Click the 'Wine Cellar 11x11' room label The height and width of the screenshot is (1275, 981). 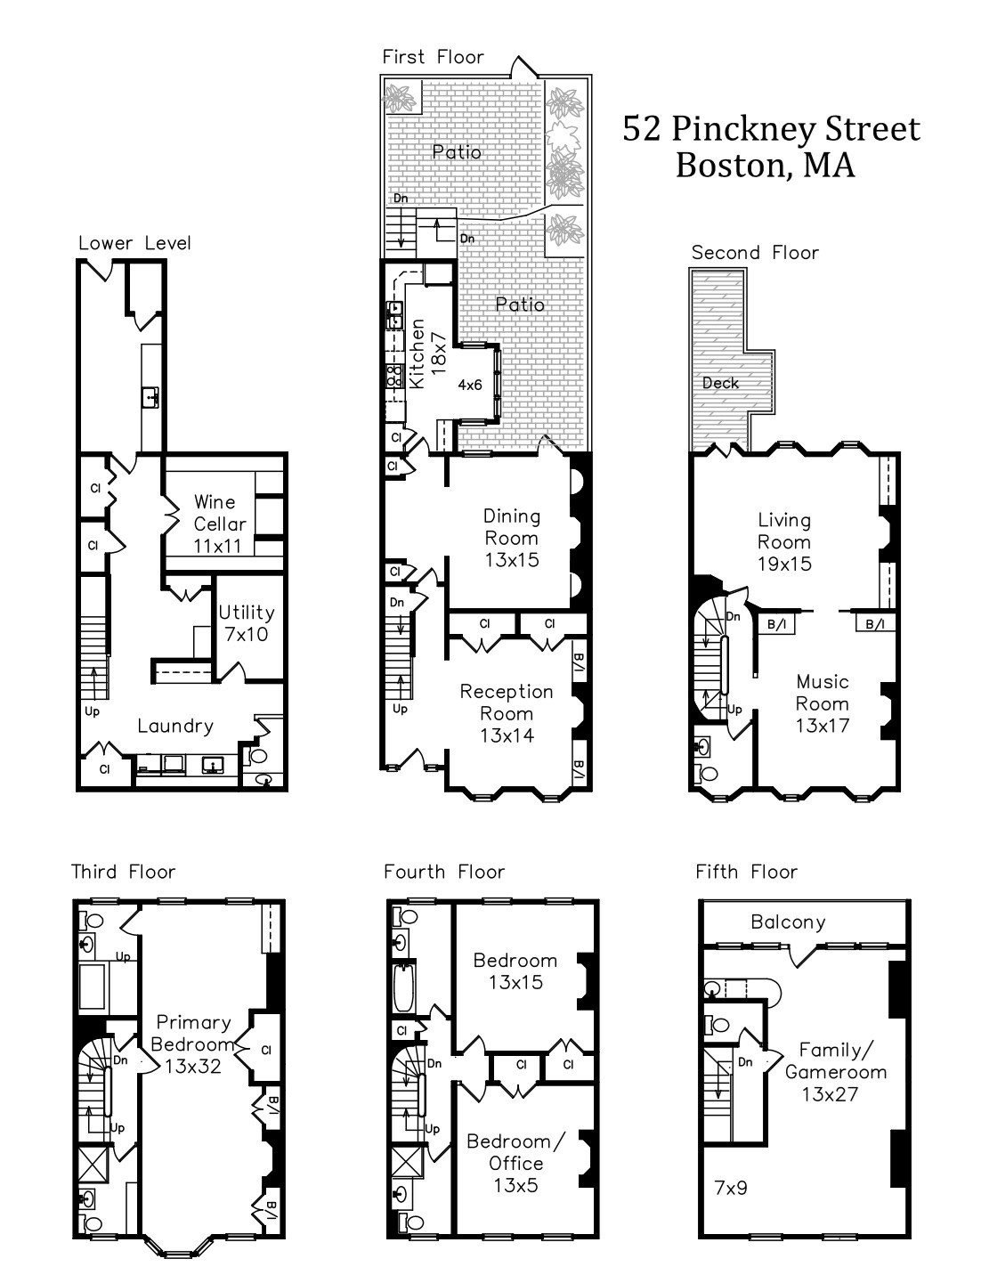click(x=219, y=524)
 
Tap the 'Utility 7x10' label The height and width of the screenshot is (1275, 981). click(x=247, y=623)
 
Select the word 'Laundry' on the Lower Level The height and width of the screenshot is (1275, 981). click(x=175, y=727)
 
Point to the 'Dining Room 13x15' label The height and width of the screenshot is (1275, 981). click(x=511, y=538)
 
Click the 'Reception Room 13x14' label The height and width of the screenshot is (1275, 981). click(x=507, y=713)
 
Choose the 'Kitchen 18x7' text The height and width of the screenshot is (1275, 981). click(x=427, y=353)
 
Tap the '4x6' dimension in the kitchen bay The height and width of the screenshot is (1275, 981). click(x=470, y=385)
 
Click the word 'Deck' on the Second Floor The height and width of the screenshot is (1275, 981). click(x=721, y=383)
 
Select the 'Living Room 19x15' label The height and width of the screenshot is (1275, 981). click(x=784, y=541)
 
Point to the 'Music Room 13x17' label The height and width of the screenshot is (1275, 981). click(x=822, y=703)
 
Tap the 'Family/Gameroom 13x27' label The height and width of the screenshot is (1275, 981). click(x=836, y=1072)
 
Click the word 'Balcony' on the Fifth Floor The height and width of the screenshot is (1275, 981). click(x=788, y=922)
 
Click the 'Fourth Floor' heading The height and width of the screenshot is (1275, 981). click(x=444, y=872)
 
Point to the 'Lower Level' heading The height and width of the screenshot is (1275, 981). click(x=135, y=243)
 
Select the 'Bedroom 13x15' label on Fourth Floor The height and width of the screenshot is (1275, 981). click(x=515, y=971)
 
